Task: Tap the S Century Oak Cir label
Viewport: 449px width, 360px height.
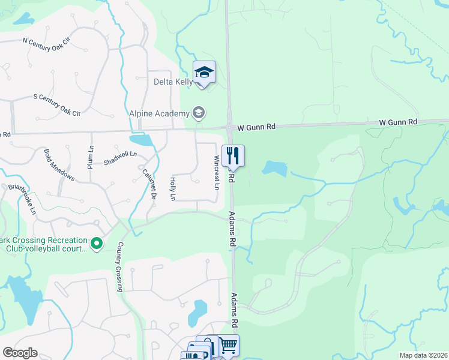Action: coord(56,104)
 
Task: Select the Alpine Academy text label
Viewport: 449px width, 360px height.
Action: coord(158,113)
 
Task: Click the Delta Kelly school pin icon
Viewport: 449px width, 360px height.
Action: coord(204,73)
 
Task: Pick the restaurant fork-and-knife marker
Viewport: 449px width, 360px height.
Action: coord(233,155)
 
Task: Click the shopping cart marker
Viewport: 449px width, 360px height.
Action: coord(229,345)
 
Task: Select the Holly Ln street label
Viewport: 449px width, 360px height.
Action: coord(173,188)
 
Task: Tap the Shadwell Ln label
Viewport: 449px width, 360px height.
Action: coord(120,158)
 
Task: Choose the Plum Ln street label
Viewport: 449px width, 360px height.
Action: coord(91,157)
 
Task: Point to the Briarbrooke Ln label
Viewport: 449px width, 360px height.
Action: coord(22,200)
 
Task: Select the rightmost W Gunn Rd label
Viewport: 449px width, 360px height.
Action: coord(397,122)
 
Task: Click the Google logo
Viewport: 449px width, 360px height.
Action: coord(20,353)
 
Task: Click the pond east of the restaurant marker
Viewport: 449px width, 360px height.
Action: coord(274,169)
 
